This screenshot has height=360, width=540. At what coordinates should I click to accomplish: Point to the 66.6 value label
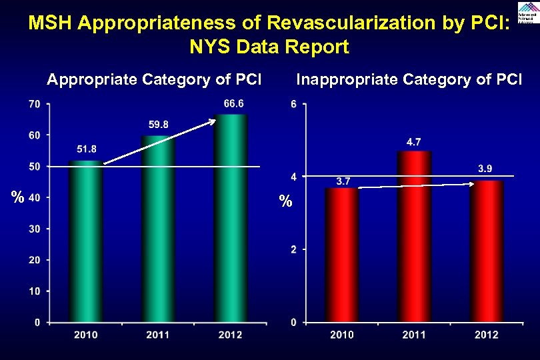pos(233,103)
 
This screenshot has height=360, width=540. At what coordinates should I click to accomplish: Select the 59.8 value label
pos(158,124)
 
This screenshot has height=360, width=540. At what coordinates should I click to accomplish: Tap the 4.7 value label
pos(413,141)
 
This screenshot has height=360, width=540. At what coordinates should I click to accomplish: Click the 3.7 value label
pos(344,180)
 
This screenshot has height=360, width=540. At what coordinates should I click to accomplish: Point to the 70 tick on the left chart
pos(34,104)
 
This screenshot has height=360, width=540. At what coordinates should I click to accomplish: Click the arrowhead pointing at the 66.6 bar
pos(213,121)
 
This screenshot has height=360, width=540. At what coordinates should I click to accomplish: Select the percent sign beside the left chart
pos(18,197)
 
